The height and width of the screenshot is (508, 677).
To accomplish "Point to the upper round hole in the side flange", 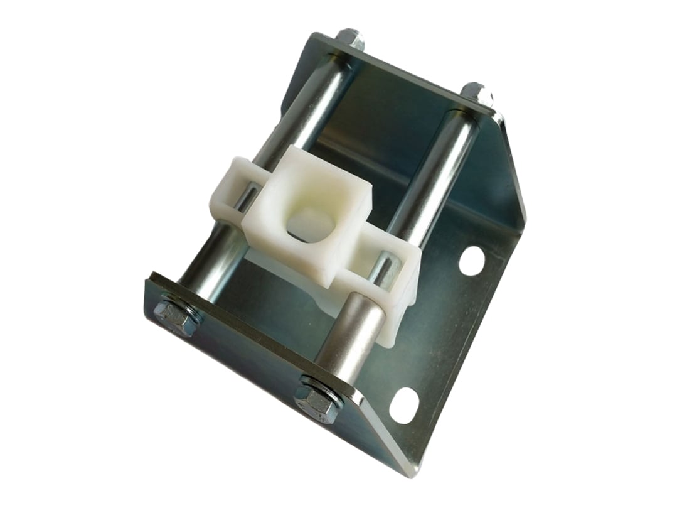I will (x=472, y=261).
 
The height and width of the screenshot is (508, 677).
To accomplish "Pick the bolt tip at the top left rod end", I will (x=351, y=39).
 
